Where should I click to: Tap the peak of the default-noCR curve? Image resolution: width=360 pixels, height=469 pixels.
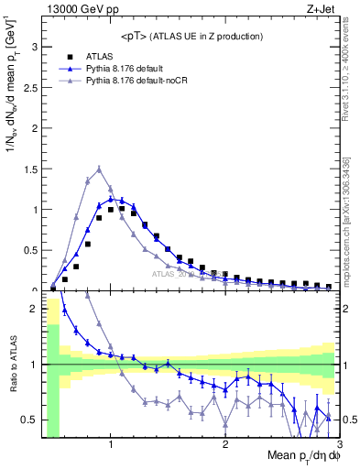click(x=99, y=168)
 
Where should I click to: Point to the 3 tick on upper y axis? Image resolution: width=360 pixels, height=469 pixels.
click(x=33, y=46)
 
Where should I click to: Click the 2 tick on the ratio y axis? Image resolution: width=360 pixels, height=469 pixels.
click(x=33, y=310)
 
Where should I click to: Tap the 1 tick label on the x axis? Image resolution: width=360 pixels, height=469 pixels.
click(x=111, y=445)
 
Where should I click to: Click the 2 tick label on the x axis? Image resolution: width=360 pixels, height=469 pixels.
click(x=225, y=445)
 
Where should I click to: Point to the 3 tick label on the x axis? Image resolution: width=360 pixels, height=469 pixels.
click(x=338, y=445)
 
